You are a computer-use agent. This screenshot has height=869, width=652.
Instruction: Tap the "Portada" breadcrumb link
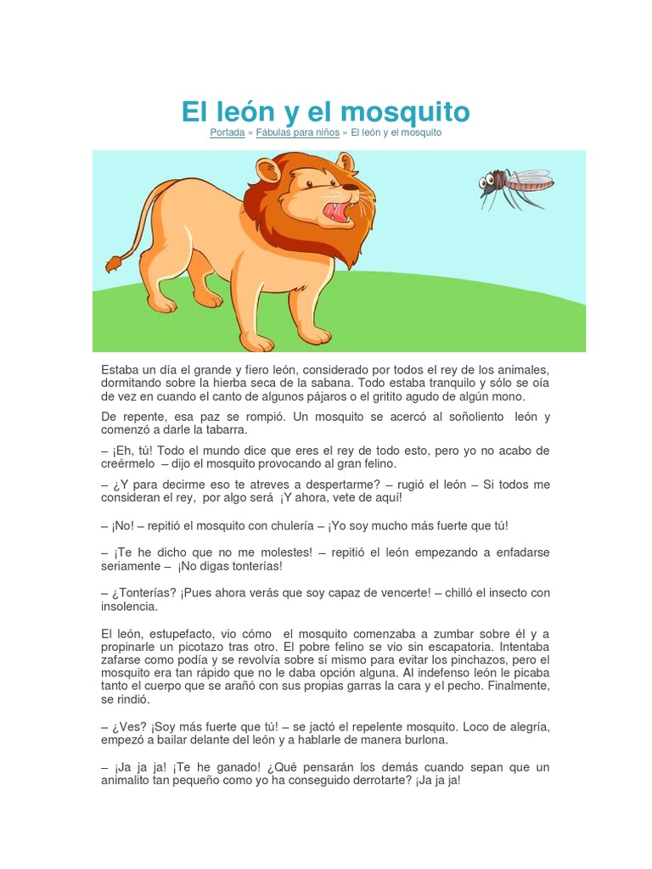(228, 133)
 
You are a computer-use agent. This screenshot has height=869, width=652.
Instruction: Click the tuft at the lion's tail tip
(113, 264)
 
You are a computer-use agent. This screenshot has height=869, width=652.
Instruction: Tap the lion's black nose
(351, 187)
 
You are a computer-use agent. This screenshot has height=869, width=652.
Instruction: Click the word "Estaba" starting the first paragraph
(120, 369)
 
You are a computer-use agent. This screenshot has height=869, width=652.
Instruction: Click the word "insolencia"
(129, 607)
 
